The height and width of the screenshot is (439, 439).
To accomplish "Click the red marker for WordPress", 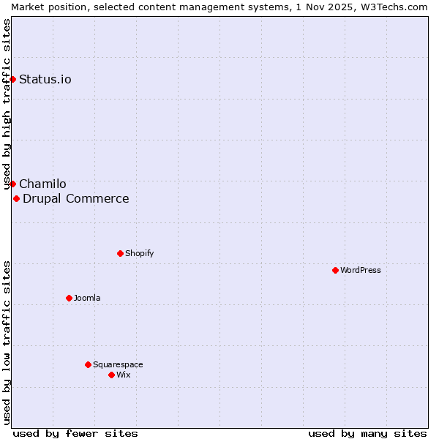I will click(x=335, y=270).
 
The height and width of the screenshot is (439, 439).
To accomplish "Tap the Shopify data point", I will click(x=120, y=253).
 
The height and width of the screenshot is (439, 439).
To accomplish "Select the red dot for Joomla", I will click(x=69, y=298).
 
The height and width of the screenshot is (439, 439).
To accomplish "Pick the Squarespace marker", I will click(x=88, y=364).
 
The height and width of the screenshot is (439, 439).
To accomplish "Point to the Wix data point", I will click(x=111, y=375).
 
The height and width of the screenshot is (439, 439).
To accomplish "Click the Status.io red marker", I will click(x=12, y=79).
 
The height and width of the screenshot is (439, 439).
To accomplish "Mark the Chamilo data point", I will click(x=12, y=184).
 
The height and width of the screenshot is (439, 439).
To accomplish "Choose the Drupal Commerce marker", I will click(x=16, y=198).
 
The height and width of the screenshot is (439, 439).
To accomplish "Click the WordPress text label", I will click(x=361, y=270).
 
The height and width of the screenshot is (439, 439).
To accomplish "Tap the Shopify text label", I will click(x=140, y=253).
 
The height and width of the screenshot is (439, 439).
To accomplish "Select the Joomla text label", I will click(x=87, y=298).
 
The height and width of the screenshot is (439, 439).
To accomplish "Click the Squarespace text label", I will click(x=118, y=364).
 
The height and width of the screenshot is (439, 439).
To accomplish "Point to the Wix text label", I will click(x=124, y=375).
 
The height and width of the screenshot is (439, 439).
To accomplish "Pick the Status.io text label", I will click(x=45, y=79).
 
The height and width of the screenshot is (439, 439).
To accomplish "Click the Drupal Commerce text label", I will click(x=76, y=198).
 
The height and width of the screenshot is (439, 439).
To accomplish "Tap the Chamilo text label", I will click(x=42, y=184).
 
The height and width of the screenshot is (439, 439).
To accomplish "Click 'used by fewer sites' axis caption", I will click(x=75, y=433).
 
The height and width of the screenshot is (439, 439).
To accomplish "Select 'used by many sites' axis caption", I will click(x=367, y=433).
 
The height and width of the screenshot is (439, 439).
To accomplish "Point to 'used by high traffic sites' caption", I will click(x=7, y=105).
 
